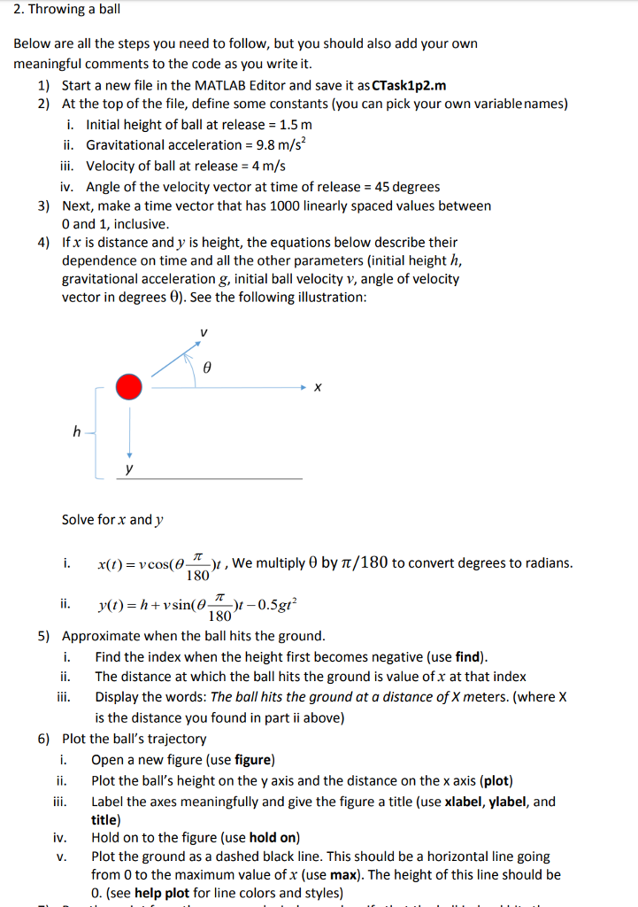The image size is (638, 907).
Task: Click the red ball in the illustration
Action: tap(129, 387)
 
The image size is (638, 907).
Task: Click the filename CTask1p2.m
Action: tap(410, 86)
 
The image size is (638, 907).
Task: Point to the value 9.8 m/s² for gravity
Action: tap(280, 144)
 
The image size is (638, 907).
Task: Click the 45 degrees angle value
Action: tap(408, 186)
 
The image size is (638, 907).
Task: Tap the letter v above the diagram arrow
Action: tap(203, 332)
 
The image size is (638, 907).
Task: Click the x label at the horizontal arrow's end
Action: tap(318, 388)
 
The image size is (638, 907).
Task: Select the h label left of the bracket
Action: tap(77, 432)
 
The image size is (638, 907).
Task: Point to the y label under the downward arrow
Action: tap(129, 469)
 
